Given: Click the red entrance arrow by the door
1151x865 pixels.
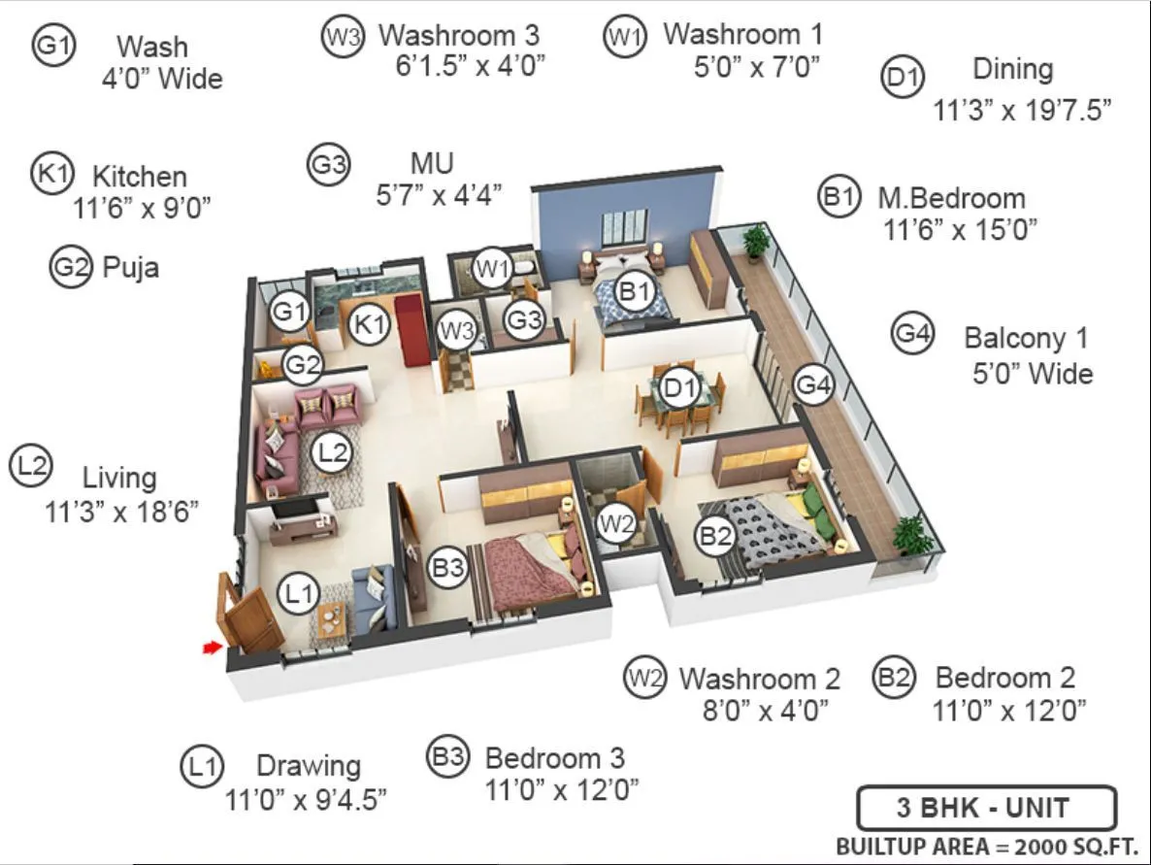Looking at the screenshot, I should tap(211, 648).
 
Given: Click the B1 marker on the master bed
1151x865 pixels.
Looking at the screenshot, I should tap(635, 291).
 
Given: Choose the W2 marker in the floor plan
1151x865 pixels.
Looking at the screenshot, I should tap(616, 526).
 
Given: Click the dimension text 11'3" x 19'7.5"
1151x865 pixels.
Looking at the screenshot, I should tap(1021, 110).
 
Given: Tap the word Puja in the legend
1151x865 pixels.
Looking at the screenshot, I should tap(131, 267).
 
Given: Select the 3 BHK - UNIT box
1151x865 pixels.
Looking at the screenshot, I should tap(986, 808).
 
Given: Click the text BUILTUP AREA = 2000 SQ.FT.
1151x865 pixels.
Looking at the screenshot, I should tap(986, 845).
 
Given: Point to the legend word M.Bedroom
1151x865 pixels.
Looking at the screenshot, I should tap(951, 198).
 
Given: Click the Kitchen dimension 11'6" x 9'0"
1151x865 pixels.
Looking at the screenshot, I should tap(142, 207).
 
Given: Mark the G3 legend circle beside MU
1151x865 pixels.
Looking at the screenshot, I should tap(328, 164).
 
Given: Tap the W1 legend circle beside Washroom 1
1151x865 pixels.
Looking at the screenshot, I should tap(623, 37).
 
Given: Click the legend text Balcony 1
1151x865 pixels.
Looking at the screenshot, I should tap(1026, 339).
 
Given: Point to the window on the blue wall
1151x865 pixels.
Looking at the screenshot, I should tap(624, 228).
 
